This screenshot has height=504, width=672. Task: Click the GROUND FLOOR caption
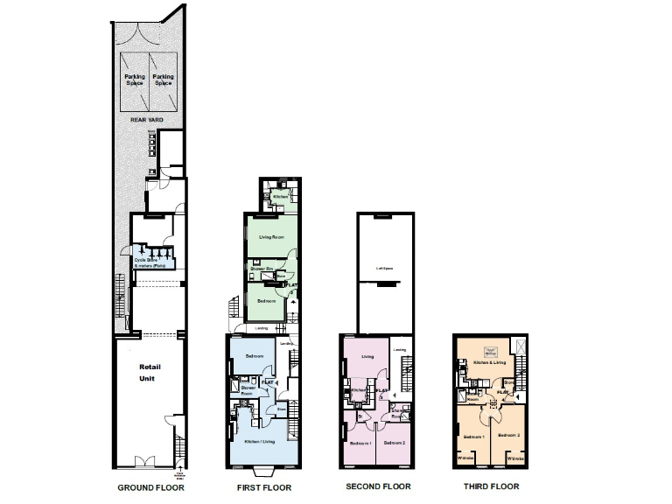coord(150,486)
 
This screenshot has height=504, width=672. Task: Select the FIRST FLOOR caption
coord(265,486)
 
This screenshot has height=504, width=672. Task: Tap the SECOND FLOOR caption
coord(378,486)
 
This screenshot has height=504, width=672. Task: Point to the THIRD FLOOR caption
coord(492,486)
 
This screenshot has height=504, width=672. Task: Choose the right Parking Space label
coord(163,80)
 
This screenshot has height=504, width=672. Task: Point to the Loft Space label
coord(382,269)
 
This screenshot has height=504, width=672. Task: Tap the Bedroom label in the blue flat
coord(255,356)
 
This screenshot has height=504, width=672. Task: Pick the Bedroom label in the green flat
coord(266,301)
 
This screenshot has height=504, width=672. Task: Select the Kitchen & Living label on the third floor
coord(491,360)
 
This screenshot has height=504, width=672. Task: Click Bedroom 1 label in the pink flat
coord(360,444)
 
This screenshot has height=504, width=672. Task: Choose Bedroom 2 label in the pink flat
coord(395,444)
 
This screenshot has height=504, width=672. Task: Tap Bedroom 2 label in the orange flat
coord(509,435)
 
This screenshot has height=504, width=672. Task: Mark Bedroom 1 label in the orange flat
coord(475,435)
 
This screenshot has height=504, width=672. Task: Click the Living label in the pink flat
coord(368,356)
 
